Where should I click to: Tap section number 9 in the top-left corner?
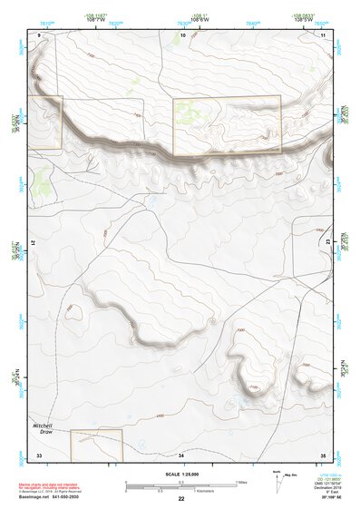pyautogui.click(x=40, y=34)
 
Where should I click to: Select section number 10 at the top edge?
pyautogui.click(x=183, y=34)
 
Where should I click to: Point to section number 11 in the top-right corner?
pyautogui.click(x=323, y=34)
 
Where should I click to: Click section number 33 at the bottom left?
pyautogui.click(x=39, y=454)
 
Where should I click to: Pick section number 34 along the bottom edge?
pyautogui.click(x=181, y=454)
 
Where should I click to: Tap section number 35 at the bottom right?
pyautogui.click(x=322, y=454)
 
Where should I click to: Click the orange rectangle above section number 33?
pyautogui.click(x=96, y=441)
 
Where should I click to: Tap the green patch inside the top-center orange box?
pyautogui.click(x=189, y=113)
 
